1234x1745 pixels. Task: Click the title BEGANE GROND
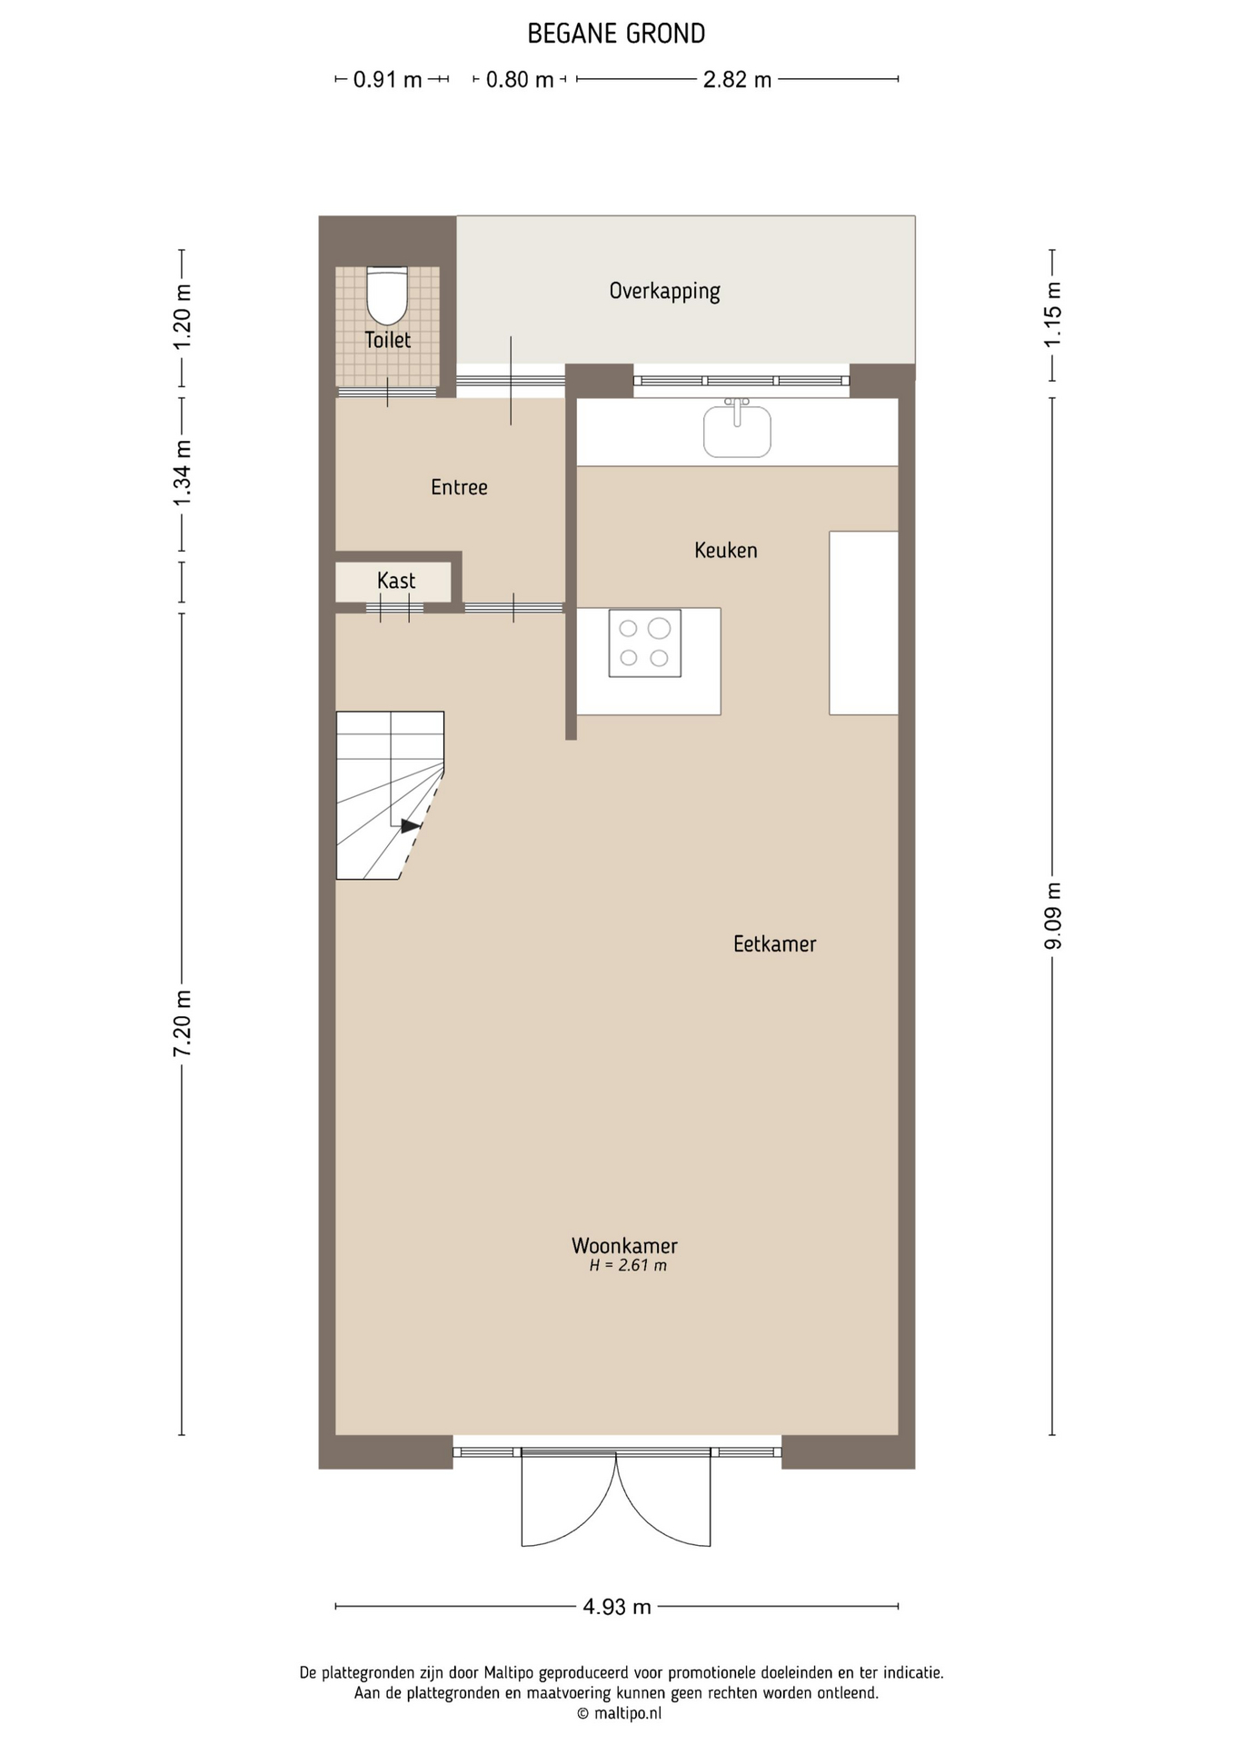(x=616, y=34)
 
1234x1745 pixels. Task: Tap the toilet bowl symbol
(x=387, y=295)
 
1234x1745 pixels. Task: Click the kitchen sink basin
(x=737, y=431)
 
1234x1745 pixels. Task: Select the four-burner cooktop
(x=645, y=643)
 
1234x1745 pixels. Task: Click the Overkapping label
(x=664, y=291)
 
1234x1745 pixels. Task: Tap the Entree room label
(x=459, y=487)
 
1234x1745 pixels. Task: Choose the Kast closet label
(x=396, y=581)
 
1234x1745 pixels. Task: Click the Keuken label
(x=725, y=550)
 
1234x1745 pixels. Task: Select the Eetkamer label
(x=774, y=943)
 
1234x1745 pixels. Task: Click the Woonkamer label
(x=624, y=1245)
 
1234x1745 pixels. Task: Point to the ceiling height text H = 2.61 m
(x=628, y=1265)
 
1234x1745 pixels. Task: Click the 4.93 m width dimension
(x=617, y=1606)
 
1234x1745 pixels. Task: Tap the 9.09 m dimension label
(x=1052, y=916)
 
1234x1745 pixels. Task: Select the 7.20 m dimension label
(x=182, y=1023)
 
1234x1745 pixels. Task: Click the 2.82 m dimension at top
(x=737, y=79)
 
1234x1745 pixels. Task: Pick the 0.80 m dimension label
(x=520, y=79)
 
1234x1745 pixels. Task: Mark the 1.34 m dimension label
(x=182, y=474)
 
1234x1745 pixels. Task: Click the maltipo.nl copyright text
(x=619, y=1713)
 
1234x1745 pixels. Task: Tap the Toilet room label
(x=388, y=340)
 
